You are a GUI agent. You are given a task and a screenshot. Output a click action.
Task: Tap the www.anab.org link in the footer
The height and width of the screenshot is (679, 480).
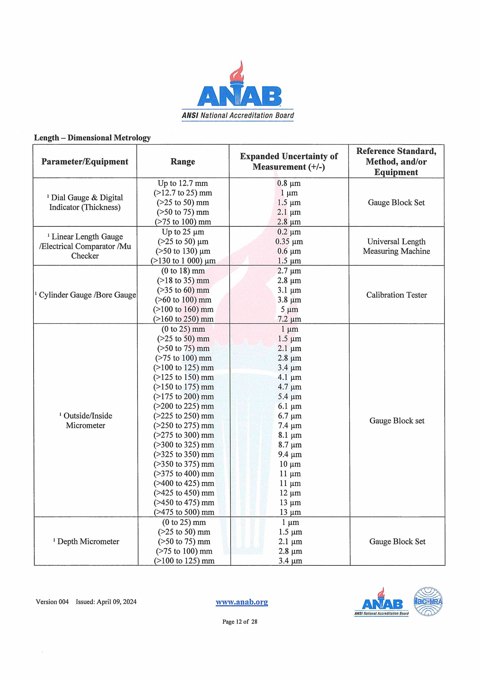pos(242,602)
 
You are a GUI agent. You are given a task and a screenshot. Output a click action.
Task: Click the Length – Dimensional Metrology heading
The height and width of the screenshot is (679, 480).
pos(92,138)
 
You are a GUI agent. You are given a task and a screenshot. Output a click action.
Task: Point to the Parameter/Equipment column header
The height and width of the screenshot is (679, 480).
pos(85,161)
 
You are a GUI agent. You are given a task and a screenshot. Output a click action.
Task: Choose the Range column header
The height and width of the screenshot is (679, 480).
pos(183,161)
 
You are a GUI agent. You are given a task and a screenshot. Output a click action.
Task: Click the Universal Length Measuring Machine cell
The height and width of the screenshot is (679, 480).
pos(396,246)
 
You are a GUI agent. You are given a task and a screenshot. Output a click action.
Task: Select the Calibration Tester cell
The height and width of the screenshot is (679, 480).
pos(396,295)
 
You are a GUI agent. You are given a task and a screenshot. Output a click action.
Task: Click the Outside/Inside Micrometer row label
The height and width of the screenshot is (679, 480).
pos(86,421)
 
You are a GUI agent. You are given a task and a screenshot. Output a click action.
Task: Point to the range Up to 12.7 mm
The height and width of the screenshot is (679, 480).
pos(183,183)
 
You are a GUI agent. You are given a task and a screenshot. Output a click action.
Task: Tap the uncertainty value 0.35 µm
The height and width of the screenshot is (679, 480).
pos(289,242)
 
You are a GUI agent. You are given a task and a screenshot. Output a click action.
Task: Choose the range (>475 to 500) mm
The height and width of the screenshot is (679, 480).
pos(184,512)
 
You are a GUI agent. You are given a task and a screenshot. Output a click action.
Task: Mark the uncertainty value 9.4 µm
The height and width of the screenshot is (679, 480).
pos(290,454)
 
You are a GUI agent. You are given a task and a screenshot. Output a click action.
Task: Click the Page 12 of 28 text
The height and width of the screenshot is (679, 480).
pos(240,622)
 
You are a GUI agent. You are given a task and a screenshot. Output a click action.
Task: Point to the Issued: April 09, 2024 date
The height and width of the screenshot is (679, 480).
pos(106,602)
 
